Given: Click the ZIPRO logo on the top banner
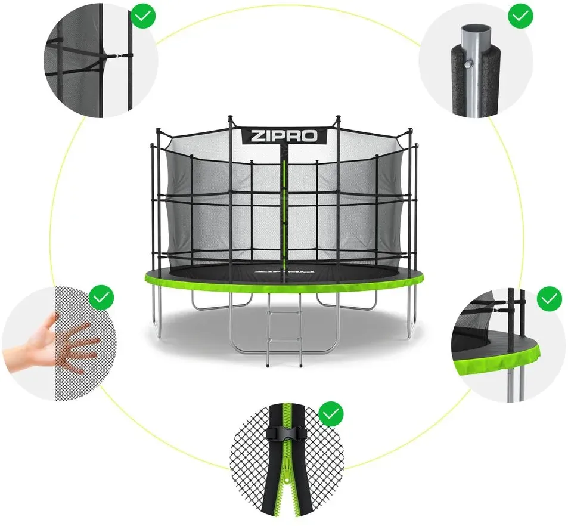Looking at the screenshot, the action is pyautogui.click(x=284, y=137).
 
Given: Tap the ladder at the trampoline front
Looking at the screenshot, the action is pyautogui.click(x=284, y=329).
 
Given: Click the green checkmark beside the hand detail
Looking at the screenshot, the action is pyautogui.click(x=102, y=298).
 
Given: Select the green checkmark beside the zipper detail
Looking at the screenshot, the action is pyautogui.click(x=331, y=414).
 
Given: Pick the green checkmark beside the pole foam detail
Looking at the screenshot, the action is pyautogui.click(x=520, y=16).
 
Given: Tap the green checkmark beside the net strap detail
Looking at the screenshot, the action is pyautogui.click(x=144, y=16).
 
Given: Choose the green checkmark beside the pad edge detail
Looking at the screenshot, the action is pyautogui.click(x=549, y=298).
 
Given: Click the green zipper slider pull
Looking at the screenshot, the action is pyautogui.click(x=287, y=475).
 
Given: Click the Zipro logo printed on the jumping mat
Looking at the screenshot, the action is pyautogui.click(x=284, y=270).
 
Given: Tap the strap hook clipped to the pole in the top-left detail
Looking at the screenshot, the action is pyautogui.click(x=115, y=57).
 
